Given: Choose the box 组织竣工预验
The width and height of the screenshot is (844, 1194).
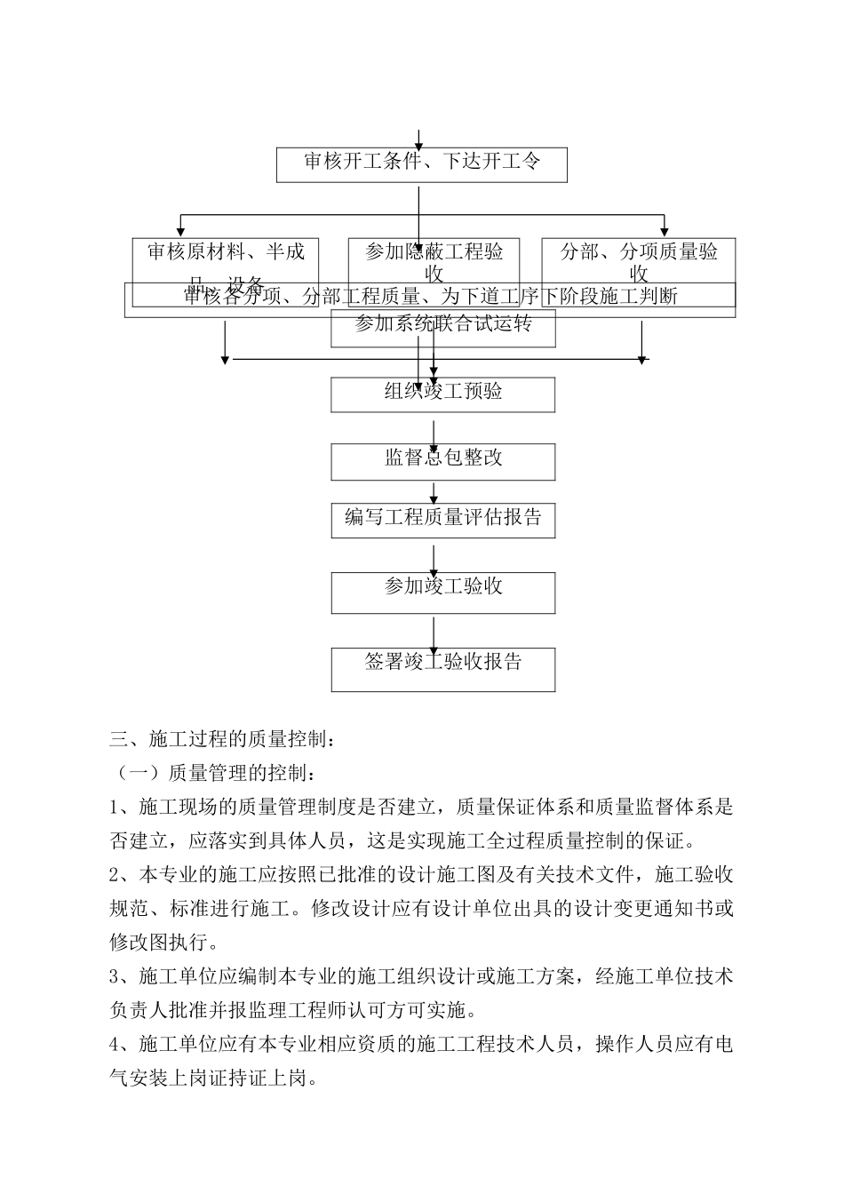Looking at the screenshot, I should [442, 394].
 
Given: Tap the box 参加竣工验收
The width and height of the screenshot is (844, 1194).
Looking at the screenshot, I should [442, 592].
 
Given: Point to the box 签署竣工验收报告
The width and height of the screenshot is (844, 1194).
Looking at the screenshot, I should [442, 668].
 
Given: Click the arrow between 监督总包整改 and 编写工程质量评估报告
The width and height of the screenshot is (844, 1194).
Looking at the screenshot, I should [434, 491].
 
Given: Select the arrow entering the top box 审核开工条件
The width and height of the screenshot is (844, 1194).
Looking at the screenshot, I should [418, 139].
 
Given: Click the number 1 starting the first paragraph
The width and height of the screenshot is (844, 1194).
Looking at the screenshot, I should [115, 808].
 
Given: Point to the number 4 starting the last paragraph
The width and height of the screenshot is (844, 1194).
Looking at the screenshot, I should [115, 1045].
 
